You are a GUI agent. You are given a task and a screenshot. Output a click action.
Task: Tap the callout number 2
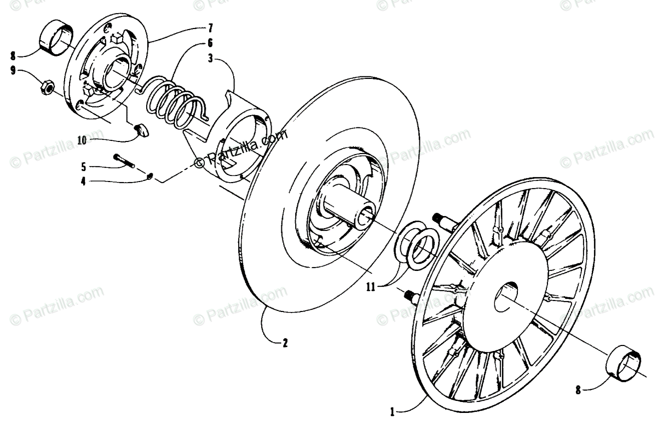tap(285, 344)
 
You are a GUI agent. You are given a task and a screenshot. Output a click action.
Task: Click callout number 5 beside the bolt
tap(84, 165)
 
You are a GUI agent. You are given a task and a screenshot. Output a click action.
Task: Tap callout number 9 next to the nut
tap(12, 70)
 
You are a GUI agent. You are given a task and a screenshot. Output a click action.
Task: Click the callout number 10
tap(82, 140)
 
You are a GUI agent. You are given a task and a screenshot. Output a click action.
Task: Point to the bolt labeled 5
tap(126, 161)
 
